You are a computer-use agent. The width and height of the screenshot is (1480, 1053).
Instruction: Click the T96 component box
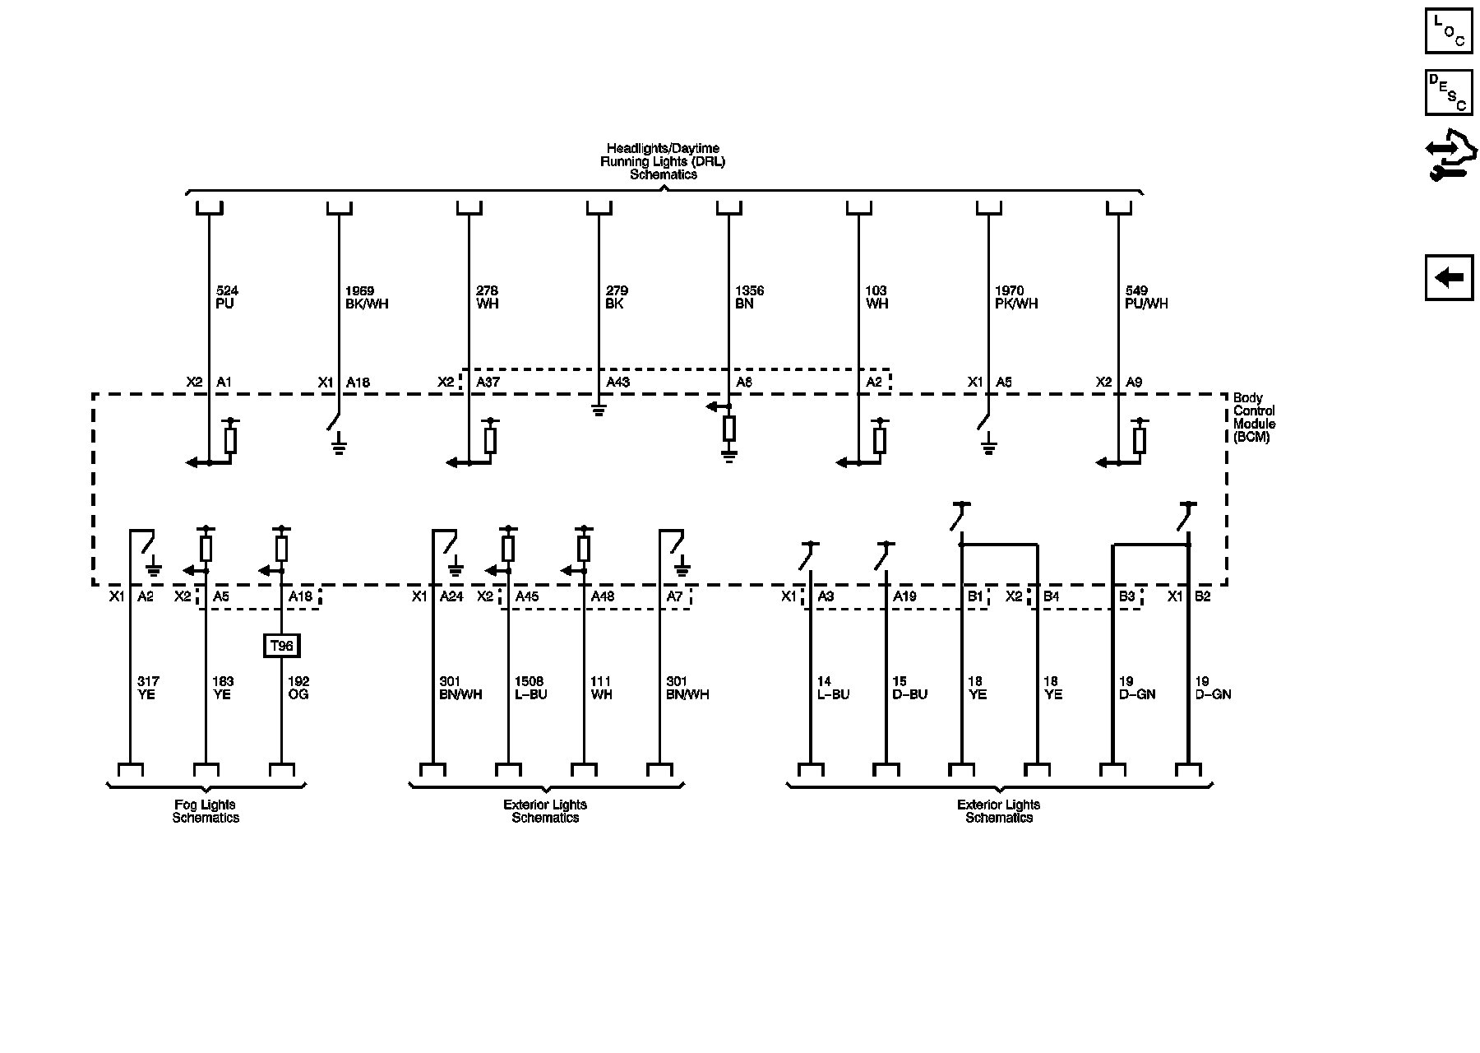pos(281,646)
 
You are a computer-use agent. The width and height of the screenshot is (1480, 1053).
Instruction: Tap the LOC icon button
pos(1449,31)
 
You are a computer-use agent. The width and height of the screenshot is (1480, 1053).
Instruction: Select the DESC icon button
pos(1449,92)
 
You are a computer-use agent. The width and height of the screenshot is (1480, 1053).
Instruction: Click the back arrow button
pos(1449,278)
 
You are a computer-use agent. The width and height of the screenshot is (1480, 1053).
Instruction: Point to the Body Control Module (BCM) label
pos(1254,418)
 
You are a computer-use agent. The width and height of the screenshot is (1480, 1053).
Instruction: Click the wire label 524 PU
pos(226,297)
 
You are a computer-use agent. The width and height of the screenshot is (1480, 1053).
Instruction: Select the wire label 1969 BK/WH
pos(366,297)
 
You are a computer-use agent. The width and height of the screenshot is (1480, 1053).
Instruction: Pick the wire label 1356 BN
pos(749,297)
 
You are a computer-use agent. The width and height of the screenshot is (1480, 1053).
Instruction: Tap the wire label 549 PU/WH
pos(1146,297)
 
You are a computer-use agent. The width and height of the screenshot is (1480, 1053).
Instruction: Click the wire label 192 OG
pos(298,688)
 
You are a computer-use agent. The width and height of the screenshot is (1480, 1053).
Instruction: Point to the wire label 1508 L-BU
pos(530,688)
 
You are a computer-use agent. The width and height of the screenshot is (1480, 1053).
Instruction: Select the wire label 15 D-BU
pos(909,688)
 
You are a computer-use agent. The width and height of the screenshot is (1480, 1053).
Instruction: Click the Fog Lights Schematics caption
pos(206,811)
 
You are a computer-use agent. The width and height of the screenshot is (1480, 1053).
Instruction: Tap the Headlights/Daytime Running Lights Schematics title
pos(663,161)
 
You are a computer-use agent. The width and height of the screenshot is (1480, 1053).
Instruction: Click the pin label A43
pos(617,383)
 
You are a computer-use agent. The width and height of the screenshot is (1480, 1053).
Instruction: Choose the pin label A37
pos(488,383)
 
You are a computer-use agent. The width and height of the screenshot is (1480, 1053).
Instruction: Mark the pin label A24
pos(451,596)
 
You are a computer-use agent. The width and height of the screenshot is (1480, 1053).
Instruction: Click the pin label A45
pos(526,596)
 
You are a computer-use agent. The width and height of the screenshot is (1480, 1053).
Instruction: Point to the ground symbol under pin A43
pos(599,410)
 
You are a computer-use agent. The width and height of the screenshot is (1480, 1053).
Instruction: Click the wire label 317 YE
pos(148,688)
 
